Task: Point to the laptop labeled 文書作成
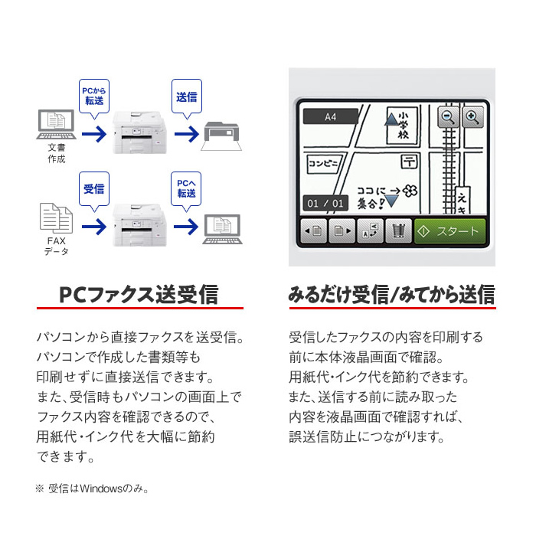click(57, 124)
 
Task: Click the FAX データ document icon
click(56, 218)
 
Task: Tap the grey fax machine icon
click(221, 136)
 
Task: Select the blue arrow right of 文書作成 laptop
click(94, 134)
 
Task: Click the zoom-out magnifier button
click(448, 117)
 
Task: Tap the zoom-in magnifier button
click(472, 117)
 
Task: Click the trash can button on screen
click(398, 231)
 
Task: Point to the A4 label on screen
click(330, 117)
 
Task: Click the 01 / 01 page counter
click(325, 204)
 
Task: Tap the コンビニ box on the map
click(323, 163)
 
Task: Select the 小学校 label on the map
click(402, 125)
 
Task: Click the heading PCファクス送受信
click(139, 294)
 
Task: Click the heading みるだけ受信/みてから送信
click(392, 294)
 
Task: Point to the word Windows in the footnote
click(101, 489)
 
